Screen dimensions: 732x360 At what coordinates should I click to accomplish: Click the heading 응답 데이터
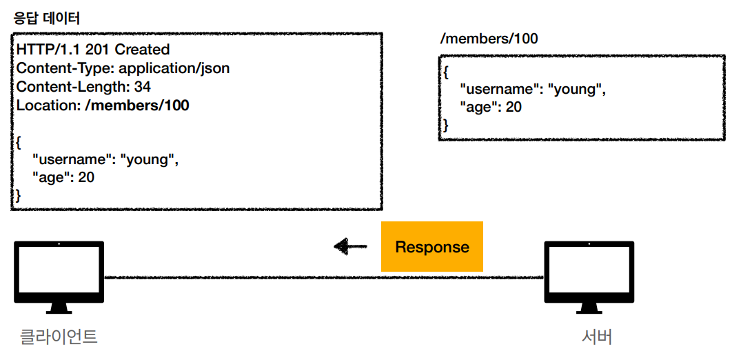(x=48, y=19)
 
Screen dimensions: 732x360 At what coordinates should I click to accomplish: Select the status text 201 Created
(x=128, y=48)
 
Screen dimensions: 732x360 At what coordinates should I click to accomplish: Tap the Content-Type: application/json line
(x=123, y=68)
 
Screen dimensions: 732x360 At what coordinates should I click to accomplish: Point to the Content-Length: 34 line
(x=83, y=86)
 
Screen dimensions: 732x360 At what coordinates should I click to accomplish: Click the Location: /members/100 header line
(x=103, y=105)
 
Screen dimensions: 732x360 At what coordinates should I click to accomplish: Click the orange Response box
(x=431, y=246)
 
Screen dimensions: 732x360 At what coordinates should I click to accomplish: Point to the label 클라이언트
(x=59, y=337)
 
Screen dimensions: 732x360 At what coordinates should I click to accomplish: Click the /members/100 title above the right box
(x=489, y=39)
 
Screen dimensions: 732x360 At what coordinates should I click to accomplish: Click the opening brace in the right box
(x=446, y=73)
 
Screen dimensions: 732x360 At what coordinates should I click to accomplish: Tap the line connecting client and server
(x=324, y=278)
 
